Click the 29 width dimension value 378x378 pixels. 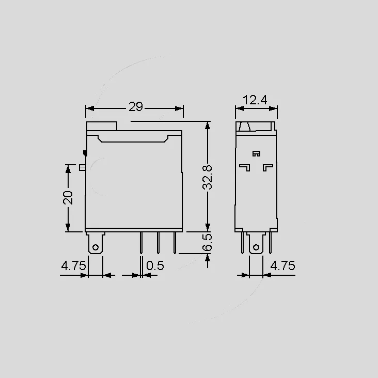[x=136, y=106]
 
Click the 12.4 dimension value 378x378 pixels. [x=255, y=100]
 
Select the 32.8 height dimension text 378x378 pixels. [x=207, y=178]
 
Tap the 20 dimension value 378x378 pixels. [x=68, y=198]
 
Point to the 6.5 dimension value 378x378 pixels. [x=207, y=242]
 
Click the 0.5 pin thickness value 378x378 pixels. [x=155, y=265]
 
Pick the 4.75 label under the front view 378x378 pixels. [x=73, y=265]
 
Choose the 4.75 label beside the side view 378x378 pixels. [x=282, y=265]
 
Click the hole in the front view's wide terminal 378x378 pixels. [x=96, y=247]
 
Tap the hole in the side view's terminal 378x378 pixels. [x=256, y=247]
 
